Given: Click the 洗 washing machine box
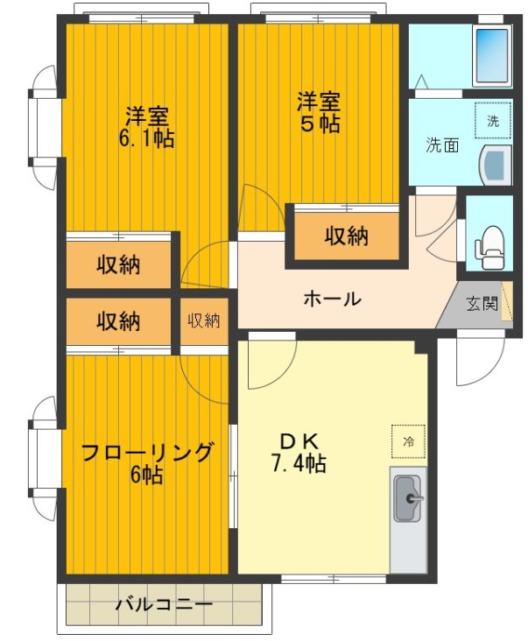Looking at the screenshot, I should coord(493,121).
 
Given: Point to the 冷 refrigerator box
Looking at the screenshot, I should coord(408,442).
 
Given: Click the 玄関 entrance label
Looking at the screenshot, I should coord(481,305).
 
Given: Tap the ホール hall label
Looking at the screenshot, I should coord(332,299).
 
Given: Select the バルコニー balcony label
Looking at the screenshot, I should coord(164,604).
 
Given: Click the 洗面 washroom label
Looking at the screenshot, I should coord(442,145).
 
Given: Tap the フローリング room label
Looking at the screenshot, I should coord(147,453).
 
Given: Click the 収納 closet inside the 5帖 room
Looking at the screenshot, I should coord(347,236).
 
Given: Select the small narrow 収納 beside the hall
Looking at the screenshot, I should coord(204,320).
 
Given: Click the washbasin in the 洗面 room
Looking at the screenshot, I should coord(496,165).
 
